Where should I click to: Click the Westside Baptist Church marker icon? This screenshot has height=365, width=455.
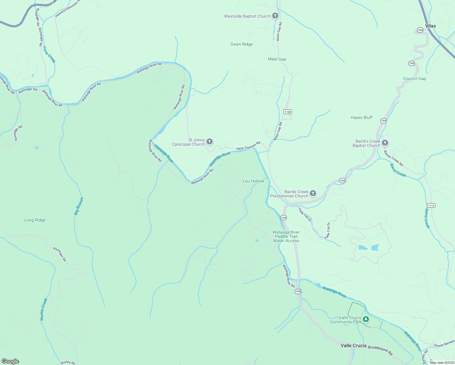[x=275, y=16]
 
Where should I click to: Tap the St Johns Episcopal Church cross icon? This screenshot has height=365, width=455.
[x=209, y=141]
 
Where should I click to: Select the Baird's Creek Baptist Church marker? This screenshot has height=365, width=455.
[x=385, y=143]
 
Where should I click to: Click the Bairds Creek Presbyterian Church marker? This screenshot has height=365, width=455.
[x=313, y=193]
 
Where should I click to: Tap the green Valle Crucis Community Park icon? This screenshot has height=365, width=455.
[x=366, y=319]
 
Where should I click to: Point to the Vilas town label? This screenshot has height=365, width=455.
[x=430, y=26]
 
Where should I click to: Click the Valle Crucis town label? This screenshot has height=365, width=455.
[x=353, y=346]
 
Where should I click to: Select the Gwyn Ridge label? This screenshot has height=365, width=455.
[x=241, y=44]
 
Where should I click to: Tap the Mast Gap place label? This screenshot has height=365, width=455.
[x=277, y=59]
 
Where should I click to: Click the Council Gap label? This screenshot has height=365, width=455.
[x=415, y=78]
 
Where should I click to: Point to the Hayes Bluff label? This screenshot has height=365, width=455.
[x=361, y=117]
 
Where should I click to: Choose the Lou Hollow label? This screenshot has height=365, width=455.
[x=253, y=181]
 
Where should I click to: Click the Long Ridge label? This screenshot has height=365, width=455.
[x=35, y=220]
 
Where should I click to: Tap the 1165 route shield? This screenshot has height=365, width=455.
[x=288, y=112]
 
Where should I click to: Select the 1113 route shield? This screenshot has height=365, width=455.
[x=431, y=205]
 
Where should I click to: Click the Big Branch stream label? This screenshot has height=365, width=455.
[x=79, y=206]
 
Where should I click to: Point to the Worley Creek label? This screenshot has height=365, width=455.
[x=44, y=309]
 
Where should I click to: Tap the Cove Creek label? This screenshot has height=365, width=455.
[x=49, y=54]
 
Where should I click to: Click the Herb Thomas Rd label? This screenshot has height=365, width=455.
[x=248, y=146]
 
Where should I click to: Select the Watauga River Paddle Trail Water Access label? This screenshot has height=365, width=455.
[x=286, y=236]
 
